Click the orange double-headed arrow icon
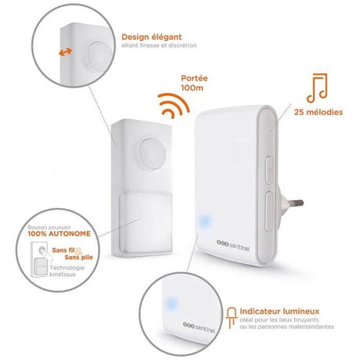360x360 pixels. pos(65,52)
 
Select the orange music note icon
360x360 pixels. pos(317,88)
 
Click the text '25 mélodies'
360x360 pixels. pos(319,112)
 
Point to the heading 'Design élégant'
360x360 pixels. pos(152,37)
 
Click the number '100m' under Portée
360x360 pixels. pos(192,88)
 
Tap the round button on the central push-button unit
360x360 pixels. pos(152,153)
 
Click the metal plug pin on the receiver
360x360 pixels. pos(295,203)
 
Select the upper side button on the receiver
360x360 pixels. pos(269,170)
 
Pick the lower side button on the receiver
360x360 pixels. pos(269,211)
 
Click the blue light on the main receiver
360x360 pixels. pos(204,221)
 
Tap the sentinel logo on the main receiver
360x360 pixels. pos(233,245)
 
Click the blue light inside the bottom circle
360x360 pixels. pos(171,304)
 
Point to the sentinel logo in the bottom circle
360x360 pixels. pos(199,327)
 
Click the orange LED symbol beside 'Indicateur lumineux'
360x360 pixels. pos(232,318)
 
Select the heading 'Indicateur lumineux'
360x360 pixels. pos(279,311)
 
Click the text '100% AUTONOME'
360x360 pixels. pos(59,234)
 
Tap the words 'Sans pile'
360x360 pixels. pos(79,257)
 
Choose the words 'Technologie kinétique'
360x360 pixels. pos(67,271)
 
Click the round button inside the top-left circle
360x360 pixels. pos(99,57)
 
